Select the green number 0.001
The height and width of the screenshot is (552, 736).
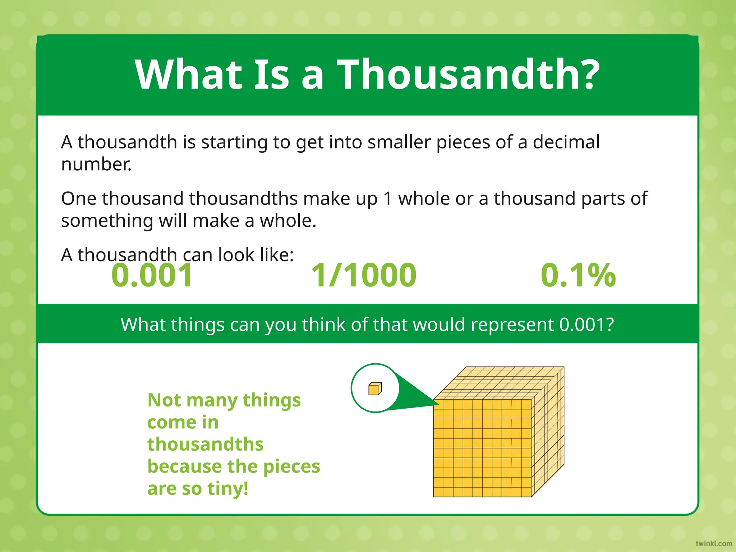pyautogui.click(x=152, y=275)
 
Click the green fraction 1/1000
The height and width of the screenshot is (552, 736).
pyautogui.click(x=364, y=275)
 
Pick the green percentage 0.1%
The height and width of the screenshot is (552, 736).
pyautogui.click(x=578, y=275)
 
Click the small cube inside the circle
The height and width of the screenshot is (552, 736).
pyautogui.click(x=375, y=388)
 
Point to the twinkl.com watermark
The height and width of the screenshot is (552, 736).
pyautogui.click(x=713, y=543)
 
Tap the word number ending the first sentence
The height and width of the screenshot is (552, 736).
pyautogui.click(x=96, y=164)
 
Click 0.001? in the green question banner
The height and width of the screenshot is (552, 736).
pyautogui.click(x=586, y=325)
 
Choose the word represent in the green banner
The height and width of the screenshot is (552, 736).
pyautogui.click(x=512, y=325)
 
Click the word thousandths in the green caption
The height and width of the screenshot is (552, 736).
pyautogui.click(x=205, y=444)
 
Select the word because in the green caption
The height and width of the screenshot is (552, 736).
pyautogui.click(x=184, y=466)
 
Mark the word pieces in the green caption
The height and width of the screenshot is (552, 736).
pyautogui.click(x=291, y=466)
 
